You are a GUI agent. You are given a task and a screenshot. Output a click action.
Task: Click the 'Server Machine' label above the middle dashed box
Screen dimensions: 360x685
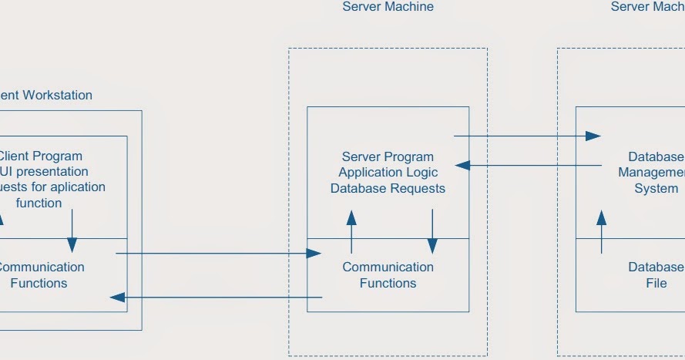point(388,7)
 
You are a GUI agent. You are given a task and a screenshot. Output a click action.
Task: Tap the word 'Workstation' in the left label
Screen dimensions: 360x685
point(57,96)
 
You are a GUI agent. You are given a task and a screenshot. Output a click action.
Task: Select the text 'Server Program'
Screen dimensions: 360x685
point(388,156)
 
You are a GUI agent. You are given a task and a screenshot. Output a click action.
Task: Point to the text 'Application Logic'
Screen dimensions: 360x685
point(388,173)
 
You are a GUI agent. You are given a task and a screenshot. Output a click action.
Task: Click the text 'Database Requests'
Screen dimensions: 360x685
point(388,188)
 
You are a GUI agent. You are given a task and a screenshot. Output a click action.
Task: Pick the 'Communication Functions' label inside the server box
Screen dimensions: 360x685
point(388,275)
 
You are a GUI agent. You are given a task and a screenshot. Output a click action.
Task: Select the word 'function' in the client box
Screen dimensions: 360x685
point(39,204)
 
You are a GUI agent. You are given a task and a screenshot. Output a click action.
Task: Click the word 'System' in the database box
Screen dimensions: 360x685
point(656,188)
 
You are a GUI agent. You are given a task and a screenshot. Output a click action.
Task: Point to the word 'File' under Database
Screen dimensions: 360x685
point(656,283)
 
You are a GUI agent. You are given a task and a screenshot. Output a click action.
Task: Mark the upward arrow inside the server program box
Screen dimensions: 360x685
point(351,230)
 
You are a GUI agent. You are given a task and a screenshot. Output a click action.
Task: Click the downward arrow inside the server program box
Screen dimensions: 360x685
point(432,230)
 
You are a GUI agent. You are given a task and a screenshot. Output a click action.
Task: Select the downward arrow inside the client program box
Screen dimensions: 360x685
point(72,230)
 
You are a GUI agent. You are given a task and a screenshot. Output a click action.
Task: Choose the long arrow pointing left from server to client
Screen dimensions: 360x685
point(216,297)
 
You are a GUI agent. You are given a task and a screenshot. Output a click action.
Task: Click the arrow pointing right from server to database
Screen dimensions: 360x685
point(527,136)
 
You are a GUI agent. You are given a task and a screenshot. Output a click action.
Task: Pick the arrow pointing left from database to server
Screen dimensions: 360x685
point(528,165)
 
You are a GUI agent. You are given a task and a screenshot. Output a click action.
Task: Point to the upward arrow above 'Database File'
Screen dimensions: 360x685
point(601,230)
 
